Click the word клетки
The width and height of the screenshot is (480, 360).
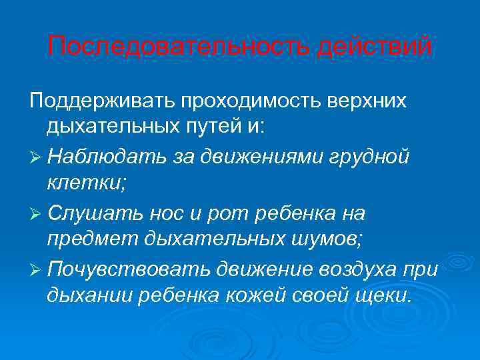[x=83, y=184]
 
